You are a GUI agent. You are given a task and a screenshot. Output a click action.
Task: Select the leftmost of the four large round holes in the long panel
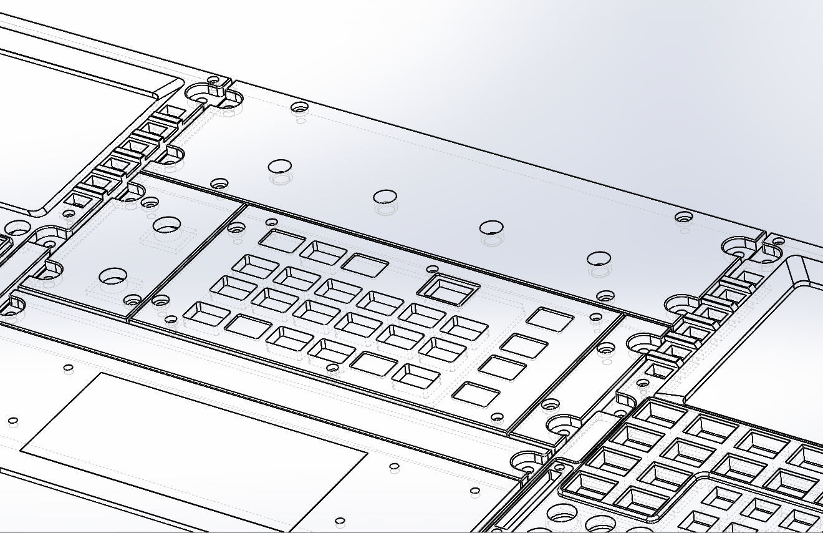(280, 167)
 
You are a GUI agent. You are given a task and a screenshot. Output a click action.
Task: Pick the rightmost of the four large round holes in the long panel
(599, 258)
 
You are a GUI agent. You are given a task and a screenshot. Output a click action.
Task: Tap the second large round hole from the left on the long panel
(385, 197)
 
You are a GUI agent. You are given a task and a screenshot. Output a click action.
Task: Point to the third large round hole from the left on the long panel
(491, 227)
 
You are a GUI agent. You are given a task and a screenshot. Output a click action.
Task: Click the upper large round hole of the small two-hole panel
(166, 225)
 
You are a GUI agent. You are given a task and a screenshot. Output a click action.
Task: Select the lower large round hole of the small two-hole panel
(113, 275)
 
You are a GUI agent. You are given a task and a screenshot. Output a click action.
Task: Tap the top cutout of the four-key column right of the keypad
(549, 319)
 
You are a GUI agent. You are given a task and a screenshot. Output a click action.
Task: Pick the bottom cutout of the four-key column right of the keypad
(476, 394)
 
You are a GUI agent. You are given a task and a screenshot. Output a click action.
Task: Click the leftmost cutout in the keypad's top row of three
(282, 241)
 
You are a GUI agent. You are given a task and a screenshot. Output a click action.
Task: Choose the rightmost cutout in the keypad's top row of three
(364, 265)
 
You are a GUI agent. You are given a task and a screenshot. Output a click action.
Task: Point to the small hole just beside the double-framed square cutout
(431, 270)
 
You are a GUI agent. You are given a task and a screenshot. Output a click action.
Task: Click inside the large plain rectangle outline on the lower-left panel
(193, 437)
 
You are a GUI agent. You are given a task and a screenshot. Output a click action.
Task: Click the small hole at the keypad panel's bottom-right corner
(497, 417)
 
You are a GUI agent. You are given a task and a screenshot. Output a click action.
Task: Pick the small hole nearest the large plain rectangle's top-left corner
(69, 367)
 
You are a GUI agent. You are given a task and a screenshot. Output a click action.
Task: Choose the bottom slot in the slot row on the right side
(655, 371)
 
